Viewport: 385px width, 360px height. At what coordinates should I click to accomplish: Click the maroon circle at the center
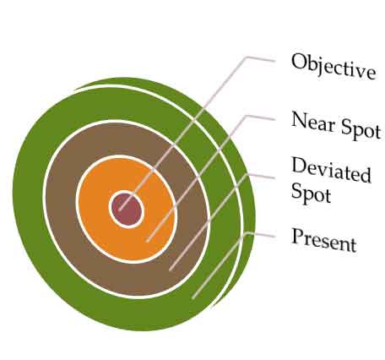(127, 210)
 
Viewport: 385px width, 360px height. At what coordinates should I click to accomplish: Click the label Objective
(333, 66)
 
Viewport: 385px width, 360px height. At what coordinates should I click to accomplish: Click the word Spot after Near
(361, 130)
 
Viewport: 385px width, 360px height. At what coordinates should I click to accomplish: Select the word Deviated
(331, 170)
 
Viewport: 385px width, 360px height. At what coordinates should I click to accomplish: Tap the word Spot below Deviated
(311, 193)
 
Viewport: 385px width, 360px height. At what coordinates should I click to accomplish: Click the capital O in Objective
(299, 62)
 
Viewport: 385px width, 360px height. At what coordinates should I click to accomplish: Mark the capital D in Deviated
(300, 165)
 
